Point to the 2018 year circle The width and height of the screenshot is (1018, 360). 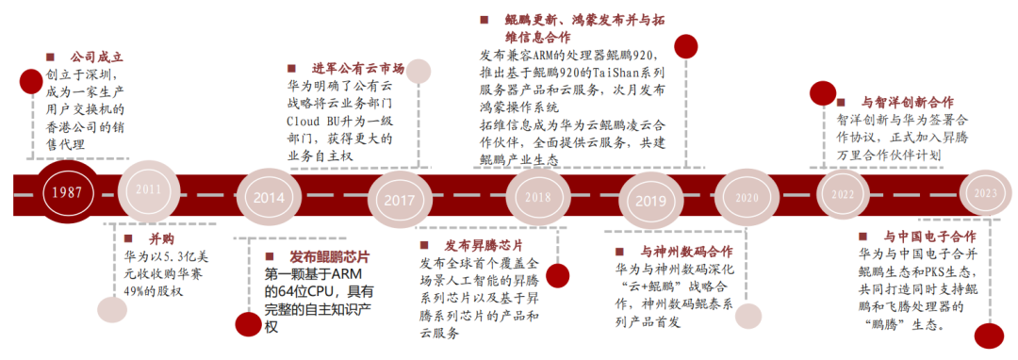coord(537,198)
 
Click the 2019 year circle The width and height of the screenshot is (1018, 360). coord(650,200)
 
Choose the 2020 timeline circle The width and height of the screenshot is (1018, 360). coord(745,198)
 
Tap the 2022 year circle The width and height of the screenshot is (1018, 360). coord(843,193)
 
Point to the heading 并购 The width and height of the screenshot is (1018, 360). coord(136,240)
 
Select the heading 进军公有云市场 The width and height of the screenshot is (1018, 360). coord(358,68)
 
